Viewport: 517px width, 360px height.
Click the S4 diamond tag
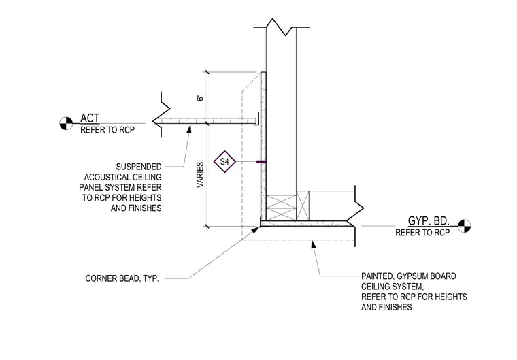click(x=224, y=162)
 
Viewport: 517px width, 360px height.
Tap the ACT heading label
click(x=90, y=118)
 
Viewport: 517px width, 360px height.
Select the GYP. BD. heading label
click(x=429, y=220)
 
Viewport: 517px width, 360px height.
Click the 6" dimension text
click(x=200, y=98)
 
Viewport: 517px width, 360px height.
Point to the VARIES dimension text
click(x=200, y=175)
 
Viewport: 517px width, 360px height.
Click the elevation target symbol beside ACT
click(x=66, y=123)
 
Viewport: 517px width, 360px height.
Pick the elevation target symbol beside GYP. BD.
click(x=464, y=226)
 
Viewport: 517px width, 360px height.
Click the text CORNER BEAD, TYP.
click(x=122, y=278)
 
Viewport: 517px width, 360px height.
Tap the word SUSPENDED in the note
click(x=139, y=167)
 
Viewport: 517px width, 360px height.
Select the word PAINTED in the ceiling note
click(x=377, y=276)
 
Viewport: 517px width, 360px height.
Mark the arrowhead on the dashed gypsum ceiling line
click(x=313, y=244)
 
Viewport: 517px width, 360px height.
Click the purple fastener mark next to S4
click(x=261, y=162)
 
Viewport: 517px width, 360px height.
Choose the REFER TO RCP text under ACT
click(x=107, y=130)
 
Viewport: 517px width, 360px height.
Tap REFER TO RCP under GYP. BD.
click(x=422, y=233)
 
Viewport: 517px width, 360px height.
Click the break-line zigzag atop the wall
click(x=281, y=27)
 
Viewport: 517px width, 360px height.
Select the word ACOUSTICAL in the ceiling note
click(x=122, y=177)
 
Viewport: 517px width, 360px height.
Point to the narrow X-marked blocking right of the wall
click(x=303, y=206)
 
